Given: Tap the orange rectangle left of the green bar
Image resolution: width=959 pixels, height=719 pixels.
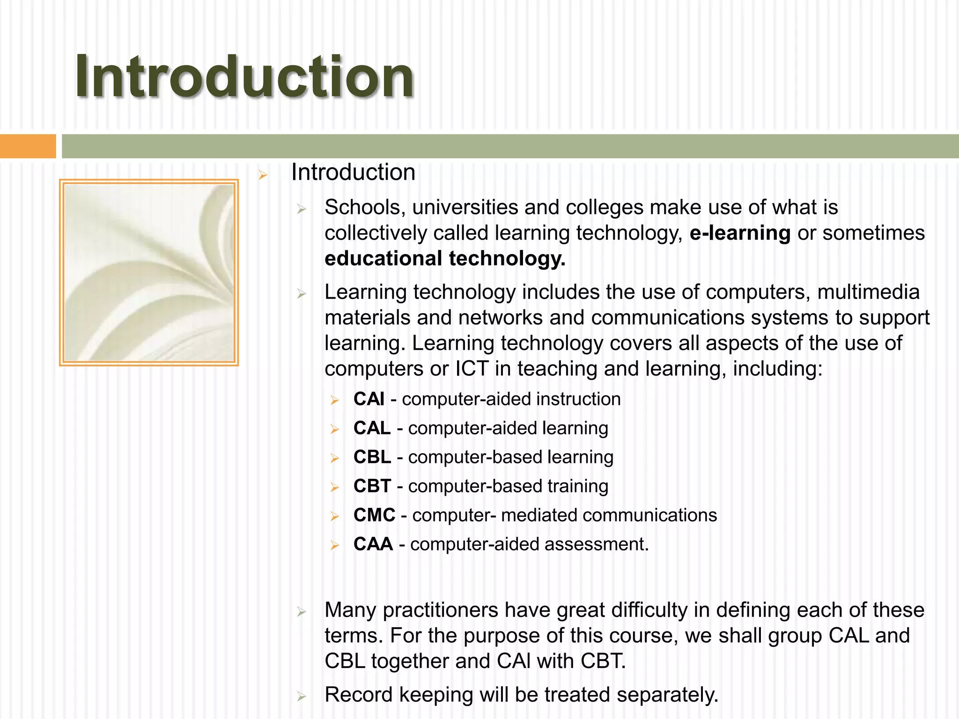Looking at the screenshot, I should (x=28, y=146).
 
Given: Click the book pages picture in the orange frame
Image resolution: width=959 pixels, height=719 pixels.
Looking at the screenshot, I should (x=149, y=272).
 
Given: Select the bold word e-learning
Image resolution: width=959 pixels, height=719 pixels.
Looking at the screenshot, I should (x=740, y=233).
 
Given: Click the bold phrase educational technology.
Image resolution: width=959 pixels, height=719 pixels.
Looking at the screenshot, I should (x=445, y=258).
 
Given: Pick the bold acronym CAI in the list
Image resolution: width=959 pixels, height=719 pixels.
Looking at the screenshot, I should (x=369, y=399).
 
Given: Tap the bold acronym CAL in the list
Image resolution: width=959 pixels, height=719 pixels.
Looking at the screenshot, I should (x=372, y=428).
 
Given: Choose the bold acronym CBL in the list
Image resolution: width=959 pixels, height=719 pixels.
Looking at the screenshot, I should (x=372, y=457).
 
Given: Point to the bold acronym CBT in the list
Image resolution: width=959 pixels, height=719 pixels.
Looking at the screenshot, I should (x=372, y=486).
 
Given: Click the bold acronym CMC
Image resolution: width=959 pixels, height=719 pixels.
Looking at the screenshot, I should (x=374, y=515).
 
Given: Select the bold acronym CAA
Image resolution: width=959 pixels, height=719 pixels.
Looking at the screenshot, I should (x=373, y=544).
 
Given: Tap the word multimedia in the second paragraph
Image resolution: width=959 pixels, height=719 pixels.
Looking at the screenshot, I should (x=868, y=292).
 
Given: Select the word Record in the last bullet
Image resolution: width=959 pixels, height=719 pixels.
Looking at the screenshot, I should (x=358, y=695).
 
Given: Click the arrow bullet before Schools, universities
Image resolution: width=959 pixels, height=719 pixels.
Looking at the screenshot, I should (x=301, y=209).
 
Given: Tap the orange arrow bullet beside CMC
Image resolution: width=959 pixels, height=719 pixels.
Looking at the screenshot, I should (x=334, y=516).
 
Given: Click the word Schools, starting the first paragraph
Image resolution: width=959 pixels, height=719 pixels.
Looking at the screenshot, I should (x=365, y=207).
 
